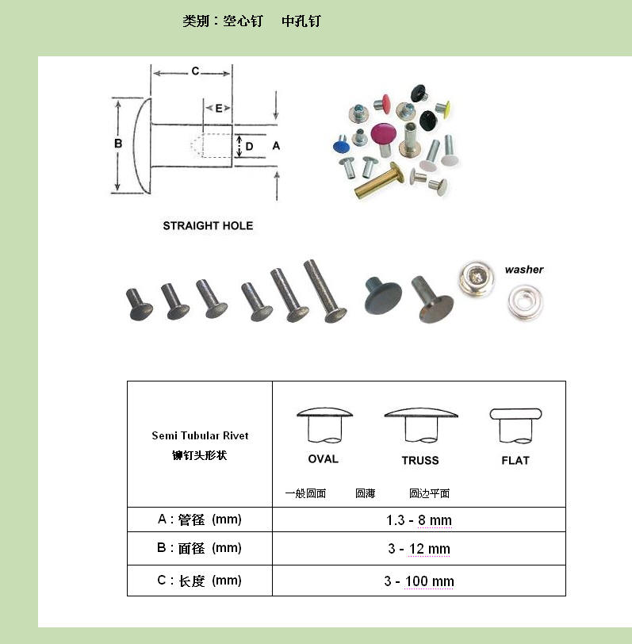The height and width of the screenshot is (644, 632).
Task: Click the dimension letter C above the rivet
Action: tap(195, 71)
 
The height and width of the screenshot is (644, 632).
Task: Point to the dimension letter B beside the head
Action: tap(118, 144)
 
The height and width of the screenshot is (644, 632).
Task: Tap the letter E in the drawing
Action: tap(219, 109)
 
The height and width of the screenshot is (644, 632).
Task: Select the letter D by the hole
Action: tap(249, 147)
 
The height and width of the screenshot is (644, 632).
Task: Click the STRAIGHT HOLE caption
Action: tap(208, 226)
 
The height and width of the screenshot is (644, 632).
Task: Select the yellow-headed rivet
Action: tap(443, 108)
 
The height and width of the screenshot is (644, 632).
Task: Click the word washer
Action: tap(524, 270)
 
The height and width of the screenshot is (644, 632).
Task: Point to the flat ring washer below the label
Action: tap(525, 303)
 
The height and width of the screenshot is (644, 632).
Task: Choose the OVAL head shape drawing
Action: tap(324, 425)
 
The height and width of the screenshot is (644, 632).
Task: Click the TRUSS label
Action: tap(420, 461)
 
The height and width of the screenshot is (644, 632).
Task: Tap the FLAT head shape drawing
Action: tap(515, 426)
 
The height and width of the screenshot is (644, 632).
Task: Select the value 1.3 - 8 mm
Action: tap(419, 520)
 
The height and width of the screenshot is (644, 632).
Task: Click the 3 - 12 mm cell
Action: tap(419, 549)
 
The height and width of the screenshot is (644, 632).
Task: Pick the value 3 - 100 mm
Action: tap(419, 581)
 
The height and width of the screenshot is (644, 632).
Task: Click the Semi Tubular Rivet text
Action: tap(200, 435)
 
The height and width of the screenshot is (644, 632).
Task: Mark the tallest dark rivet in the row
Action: tap(324, 291)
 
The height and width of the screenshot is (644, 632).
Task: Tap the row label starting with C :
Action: tap(199, 581)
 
